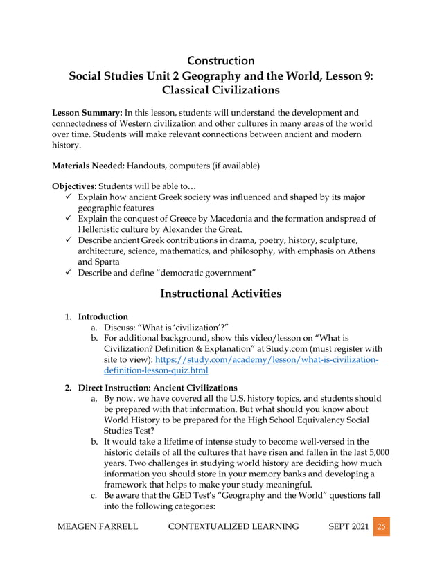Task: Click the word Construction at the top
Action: pyautogui.click(x=220, y=60)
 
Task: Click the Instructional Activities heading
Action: pyautogui.click(x=220, y=294)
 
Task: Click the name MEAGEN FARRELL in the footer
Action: pyautogui.click(x=96, y=546)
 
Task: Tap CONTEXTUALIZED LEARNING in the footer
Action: pyautogui.click(x=233, y=546)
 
